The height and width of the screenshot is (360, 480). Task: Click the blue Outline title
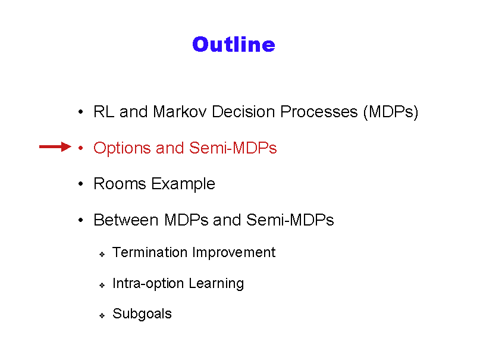tap(234, 45)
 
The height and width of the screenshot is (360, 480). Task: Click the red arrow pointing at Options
tap(55, 147)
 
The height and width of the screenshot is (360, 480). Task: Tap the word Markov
tap(180, 111)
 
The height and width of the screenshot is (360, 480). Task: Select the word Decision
tap(243, 111)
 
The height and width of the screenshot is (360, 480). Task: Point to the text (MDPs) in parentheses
tap(391, 112)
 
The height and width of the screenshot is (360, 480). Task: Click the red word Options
tap(122, 148)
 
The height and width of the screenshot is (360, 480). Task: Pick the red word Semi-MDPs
tap(233, 148)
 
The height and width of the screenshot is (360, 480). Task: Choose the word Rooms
tap(120, 184)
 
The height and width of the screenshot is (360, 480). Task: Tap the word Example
tap(183, 184)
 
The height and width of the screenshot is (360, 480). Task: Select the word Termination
tap(150, 252)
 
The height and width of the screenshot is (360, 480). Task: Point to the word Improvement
tap(234, 253)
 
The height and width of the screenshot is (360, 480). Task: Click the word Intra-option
tap(148, 283)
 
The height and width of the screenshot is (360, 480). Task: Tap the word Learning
tap(216, 284)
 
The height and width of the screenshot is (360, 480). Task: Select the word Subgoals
tap(142, 314)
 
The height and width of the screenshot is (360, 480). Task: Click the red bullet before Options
tap(80, 148)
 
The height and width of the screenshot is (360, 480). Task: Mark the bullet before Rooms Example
tap(80, 184)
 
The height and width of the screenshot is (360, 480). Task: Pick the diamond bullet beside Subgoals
tap(102, 315)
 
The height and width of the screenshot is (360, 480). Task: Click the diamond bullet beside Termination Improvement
tap(102, 255)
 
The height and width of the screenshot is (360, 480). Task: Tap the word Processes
tap(319, 111)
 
